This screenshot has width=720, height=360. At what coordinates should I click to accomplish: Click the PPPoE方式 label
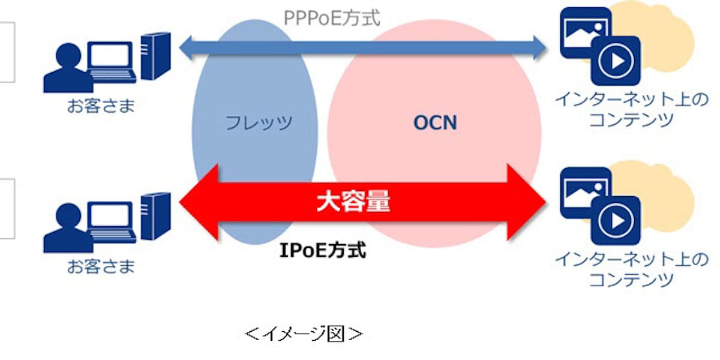pos(332,17)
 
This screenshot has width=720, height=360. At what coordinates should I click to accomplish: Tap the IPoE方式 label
pos(323,250)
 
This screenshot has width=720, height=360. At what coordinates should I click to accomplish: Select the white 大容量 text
pos(353,203)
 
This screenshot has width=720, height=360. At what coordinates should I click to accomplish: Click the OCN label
pos(435,123)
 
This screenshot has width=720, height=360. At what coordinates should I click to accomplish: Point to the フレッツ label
pos(259,123)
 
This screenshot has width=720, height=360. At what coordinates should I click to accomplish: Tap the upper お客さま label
pos(101,107)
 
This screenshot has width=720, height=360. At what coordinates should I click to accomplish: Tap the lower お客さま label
pos(101,265)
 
